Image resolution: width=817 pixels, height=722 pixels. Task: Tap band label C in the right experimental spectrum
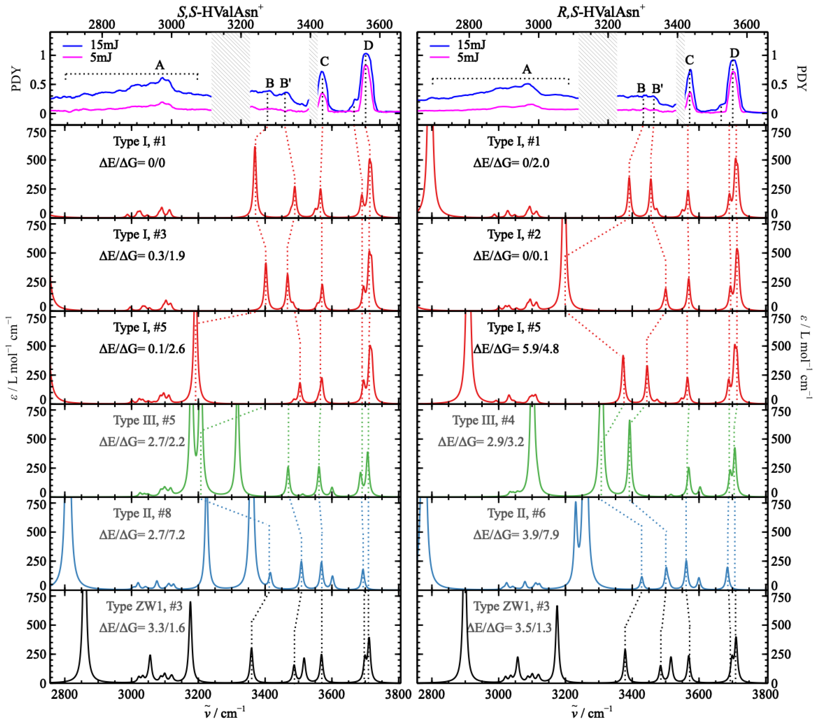click(689, 60)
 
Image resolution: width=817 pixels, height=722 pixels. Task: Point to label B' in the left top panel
click(285, 83)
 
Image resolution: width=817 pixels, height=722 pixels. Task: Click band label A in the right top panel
click(527, 70)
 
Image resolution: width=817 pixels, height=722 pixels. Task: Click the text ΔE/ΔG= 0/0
click(132, 163)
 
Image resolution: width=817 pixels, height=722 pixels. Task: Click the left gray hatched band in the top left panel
click(231, 78)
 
